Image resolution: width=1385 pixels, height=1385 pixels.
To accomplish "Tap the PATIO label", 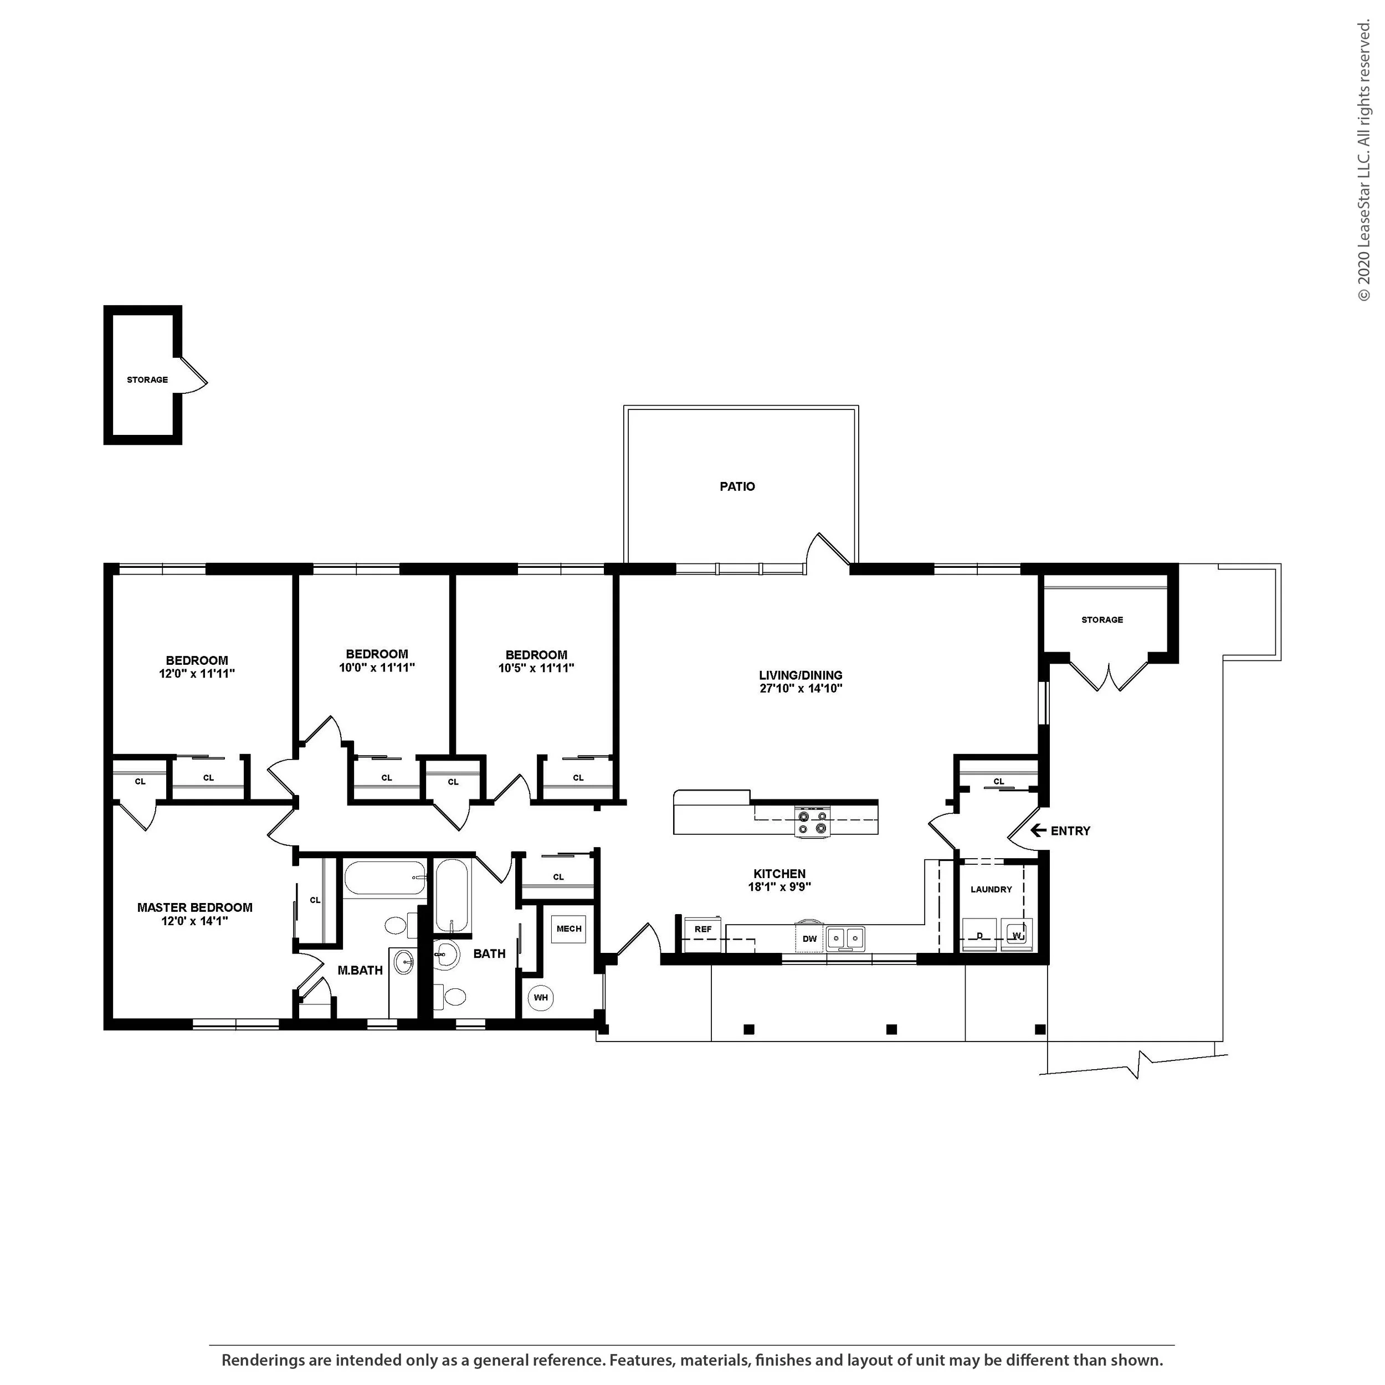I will [x=737, y=486].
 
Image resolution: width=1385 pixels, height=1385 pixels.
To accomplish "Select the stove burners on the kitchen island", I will [x=812, y=822].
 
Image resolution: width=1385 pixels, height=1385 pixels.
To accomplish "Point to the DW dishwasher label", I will [x=809, y=938].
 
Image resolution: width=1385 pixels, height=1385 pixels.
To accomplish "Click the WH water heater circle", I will [x=541, y=997].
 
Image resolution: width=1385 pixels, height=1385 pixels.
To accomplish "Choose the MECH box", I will [x=568, y=929].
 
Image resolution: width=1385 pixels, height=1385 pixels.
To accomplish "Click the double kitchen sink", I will [x=845, y=938].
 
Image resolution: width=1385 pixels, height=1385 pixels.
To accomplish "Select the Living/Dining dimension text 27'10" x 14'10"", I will [x=801, y=688].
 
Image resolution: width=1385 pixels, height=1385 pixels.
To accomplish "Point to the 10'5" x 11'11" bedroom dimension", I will [x=536, y=668].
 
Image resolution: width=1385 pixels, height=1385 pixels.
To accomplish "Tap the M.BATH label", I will [x=360, y=970].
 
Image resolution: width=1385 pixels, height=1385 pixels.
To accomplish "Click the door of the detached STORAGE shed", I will [x=192, y=374].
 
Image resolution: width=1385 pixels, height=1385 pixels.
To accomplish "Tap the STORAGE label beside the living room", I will [x=1102, y=619].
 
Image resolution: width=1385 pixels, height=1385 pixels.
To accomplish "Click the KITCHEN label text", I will [x=779, y=873].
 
